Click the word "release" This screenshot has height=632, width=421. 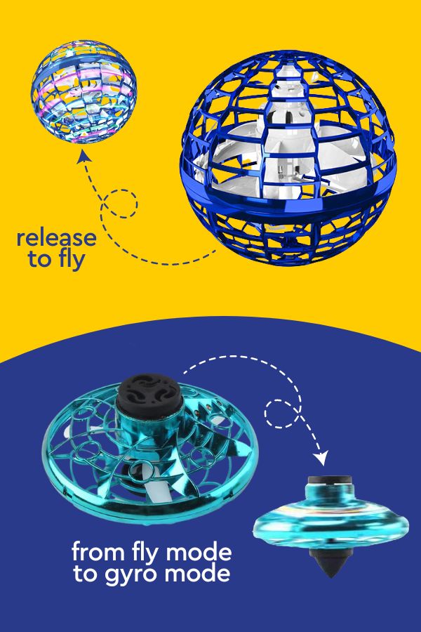click(x=56, y=238)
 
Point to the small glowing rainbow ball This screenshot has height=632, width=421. click(x=83, y=91)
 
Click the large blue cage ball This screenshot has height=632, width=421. click(x=288, y=157)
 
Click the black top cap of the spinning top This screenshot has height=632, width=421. click(x=330, y=480)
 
